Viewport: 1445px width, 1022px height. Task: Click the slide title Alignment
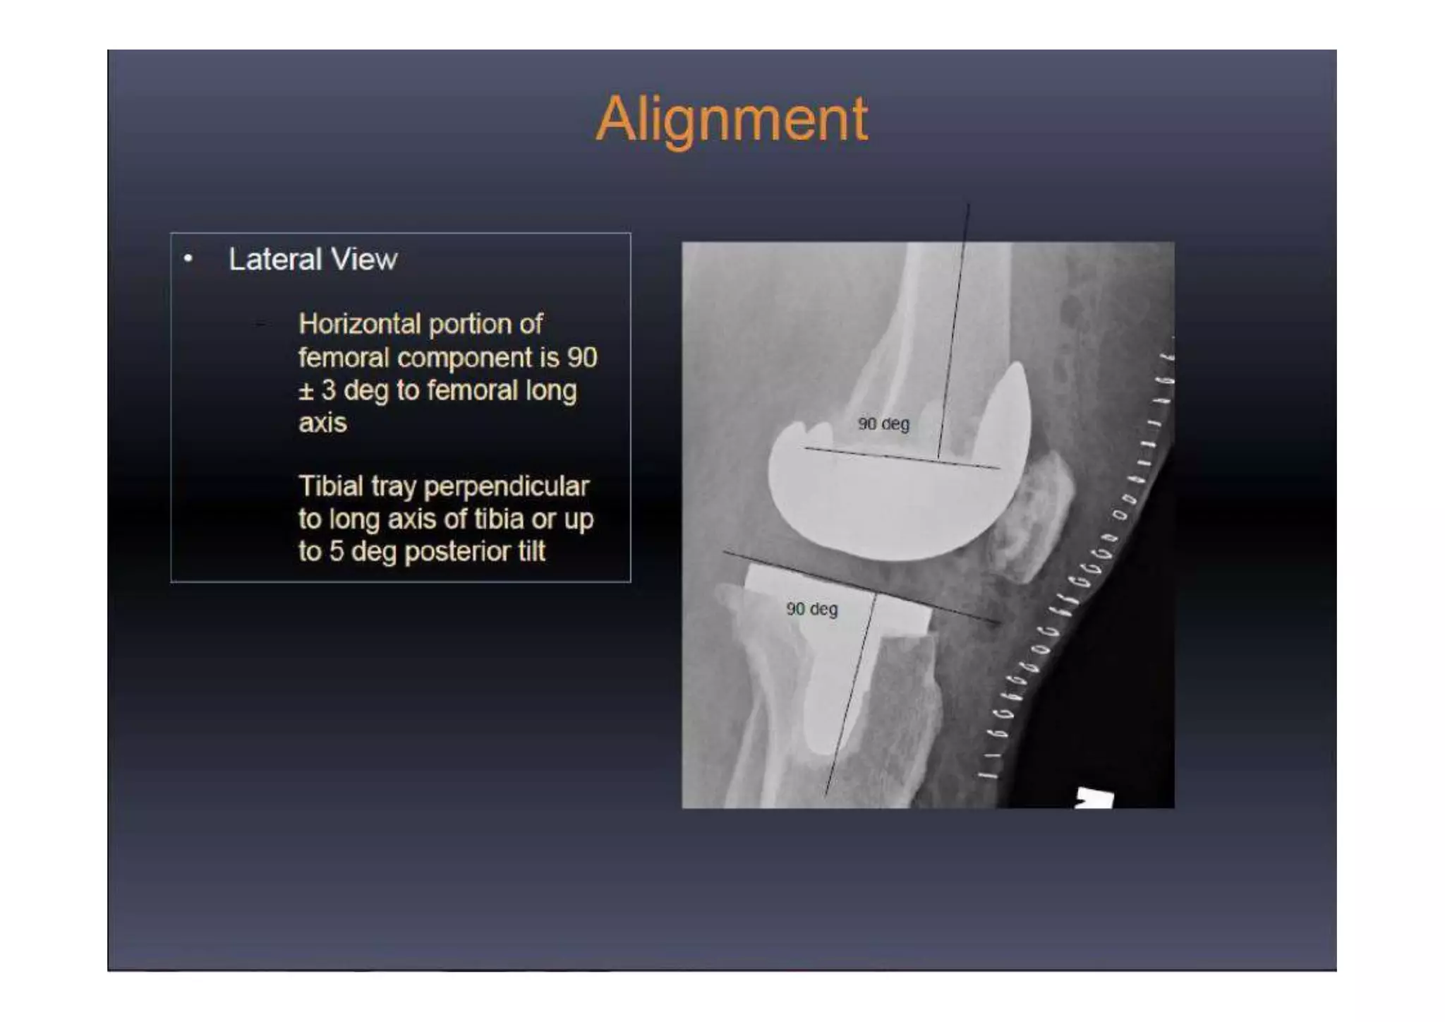pos(732,119)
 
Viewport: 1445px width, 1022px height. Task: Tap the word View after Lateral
pos(364,259)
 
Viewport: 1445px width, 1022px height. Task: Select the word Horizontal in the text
pos(359,324)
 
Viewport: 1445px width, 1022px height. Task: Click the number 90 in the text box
pos(582,357)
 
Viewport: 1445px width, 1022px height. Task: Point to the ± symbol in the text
pos(306,390)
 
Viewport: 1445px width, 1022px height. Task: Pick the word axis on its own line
pos(322,423)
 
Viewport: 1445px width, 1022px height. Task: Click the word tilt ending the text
pos(531,551)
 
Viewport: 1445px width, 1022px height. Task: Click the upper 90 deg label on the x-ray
pos(883,424)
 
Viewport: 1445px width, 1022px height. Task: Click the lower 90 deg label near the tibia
pos(811,609)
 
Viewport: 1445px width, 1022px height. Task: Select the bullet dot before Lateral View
pos(188,259)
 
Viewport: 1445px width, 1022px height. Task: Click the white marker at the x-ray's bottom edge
pos(1094,799)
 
